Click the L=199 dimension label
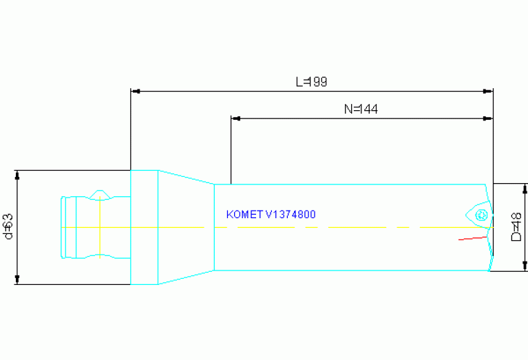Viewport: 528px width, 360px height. click(x=311, y=82)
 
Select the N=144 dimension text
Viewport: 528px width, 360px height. click(x=361, y=109)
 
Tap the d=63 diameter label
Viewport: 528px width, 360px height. click(x=9, y=226)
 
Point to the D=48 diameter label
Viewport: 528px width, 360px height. click(x=516, y=226)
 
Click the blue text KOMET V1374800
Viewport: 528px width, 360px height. click(x=271, y=215)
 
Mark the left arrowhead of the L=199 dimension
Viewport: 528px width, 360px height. click(x=136, y=91)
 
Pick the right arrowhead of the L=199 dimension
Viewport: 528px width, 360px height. click(x=489, y=91)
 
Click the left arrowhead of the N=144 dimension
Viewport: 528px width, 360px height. click(x=235, y=118)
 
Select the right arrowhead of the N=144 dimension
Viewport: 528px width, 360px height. click(x=489, y=118)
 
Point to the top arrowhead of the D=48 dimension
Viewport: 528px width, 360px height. click(x=525, y=189)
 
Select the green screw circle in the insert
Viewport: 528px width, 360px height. click(x=482, y=215)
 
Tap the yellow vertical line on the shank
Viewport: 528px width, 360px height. click(x=101, y=227)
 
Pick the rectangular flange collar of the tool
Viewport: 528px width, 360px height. click(x=145, y=227)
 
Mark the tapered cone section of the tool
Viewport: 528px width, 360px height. click(x=186, y=227)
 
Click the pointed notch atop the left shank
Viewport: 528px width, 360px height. click(x=101, y=191)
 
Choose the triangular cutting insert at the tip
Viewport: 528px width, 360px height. click(x=478, y=215)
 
